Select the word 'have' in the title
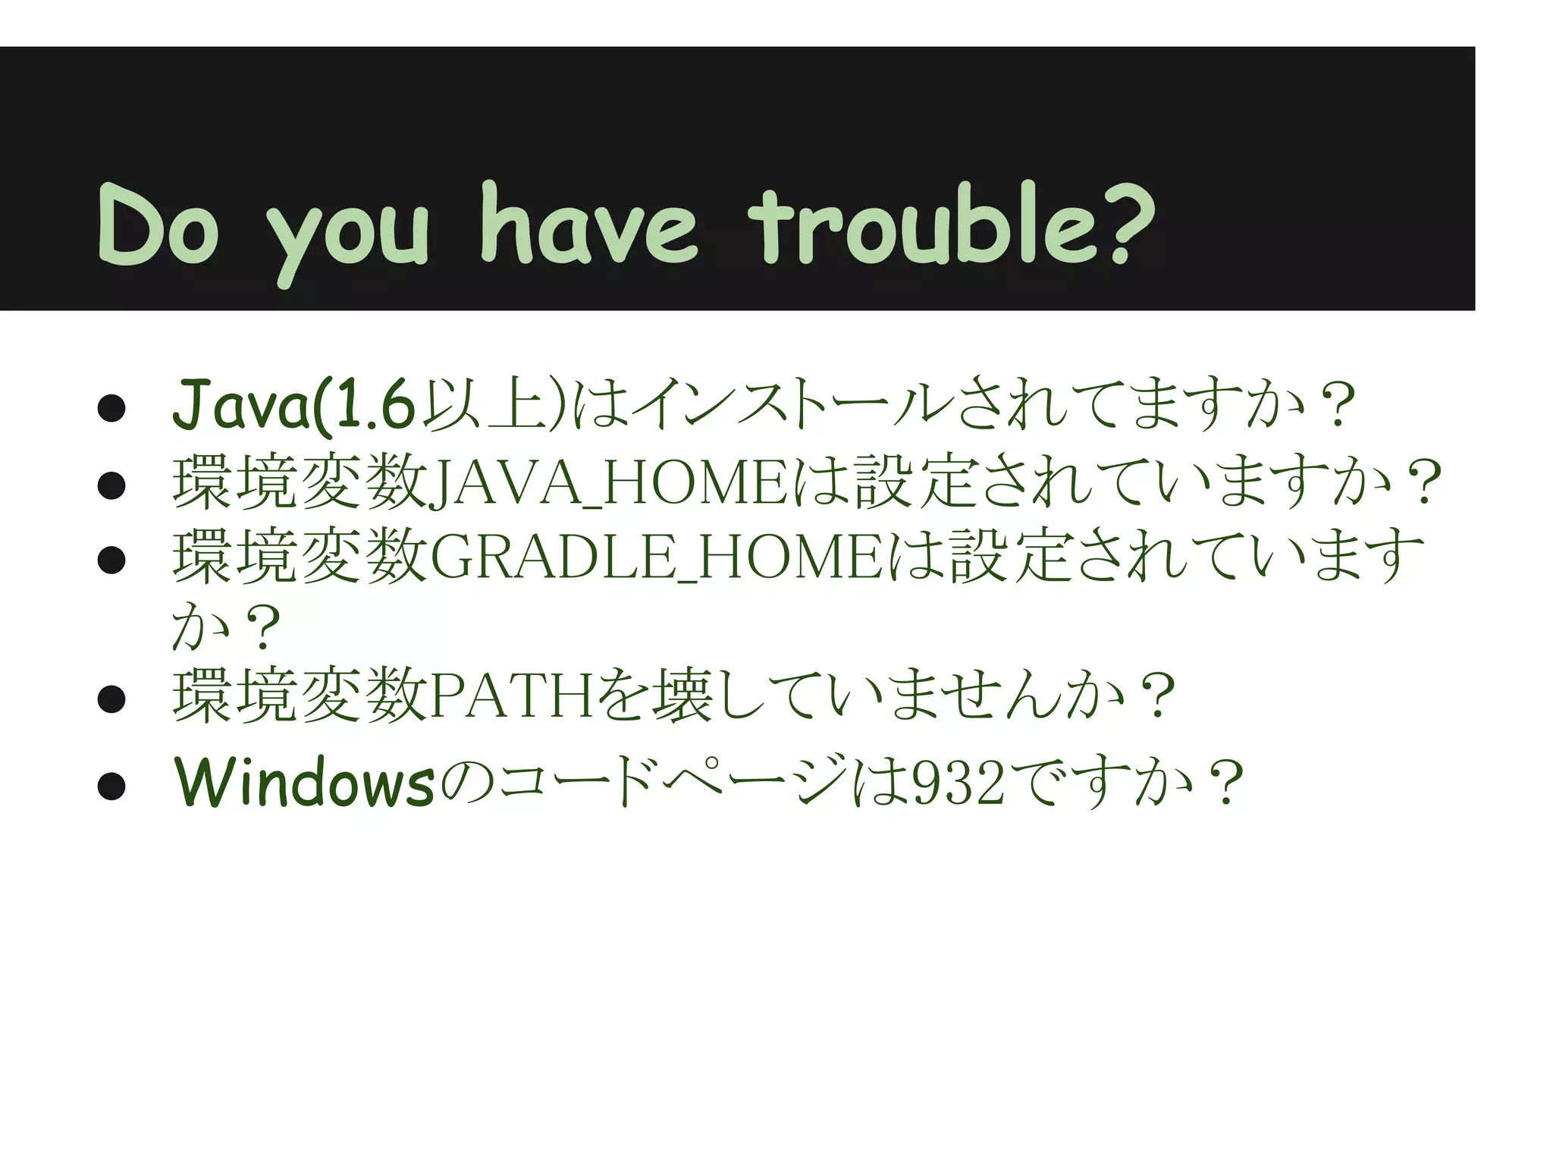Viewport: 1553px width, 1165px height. tap(588, 225)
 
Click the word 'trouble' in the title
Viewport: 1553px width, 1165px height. tap(921, 225)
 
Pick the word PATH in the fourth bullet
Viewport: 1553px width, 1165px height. tap(512, 695)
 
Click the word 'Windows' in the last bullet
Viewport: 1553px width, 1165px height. tap(304, 782)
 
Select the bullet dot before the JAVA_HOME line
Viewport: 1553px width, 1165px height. tap(111, 485)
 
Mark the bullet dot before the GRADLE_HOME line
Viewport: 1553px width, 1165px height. tap(111, 560)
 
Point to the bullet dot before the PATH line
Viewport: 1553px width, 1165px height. tap(111, 699)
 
